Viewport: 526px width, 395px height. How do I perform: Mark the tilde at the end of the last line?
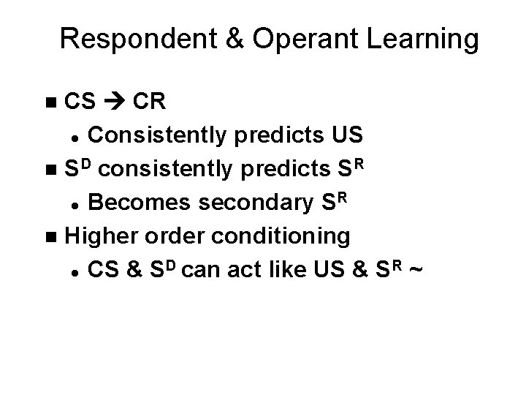416,270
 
